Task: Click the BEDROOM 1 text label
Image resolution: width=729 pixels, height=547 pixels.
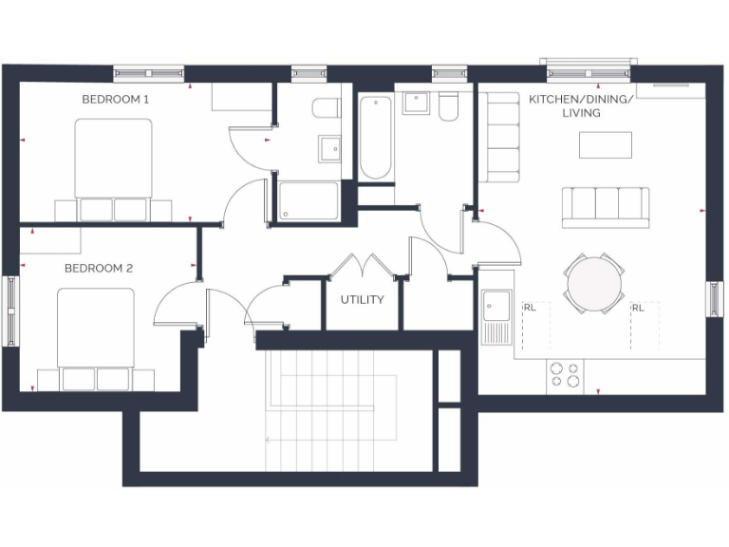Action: [x=115, y=99]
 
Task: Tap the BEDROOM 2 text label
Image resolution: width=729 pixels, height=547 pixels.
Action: [x=99, y=269]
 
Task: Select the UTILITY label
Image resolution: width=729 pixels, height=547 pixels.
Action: [x=363, y=300]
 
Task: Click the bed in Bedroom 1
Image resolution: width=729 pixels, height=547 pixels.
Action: [x=114, y=166]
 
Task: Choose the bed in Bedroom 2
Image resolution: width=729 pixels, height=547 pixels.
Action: [x=96, y=337]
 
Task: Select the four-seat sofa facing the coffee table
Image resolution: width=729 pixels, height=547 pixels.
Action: [x=606, y=207]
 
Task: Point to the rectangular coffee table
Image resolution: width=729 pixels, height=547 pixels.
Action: [x=606, y=144]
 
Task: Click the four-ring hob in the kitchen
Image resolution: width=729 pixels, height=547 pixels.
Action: [x=566, y=375]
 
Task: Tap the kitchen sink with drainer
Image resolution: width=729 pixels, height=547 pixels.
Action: [x=496, y=316]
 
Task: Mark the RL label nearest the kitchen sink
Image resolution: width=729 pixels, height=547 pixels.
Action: [x=530, y=308]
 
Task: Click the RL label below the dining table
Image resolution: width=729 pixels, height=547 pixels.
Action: [x=638, y=308]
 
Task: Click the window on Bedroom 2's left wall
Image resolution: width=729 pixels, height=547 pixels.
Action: [x=10, y=311]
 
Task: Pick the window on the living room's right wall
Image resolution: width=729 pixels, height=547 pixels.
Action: [x=715, y=298]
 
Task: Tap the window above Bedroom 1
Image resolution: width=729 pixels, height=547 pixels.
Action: [x=148, y=71]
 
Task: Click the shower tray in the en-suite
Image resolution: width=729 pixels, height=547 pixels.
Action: [x=308, y=201]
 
